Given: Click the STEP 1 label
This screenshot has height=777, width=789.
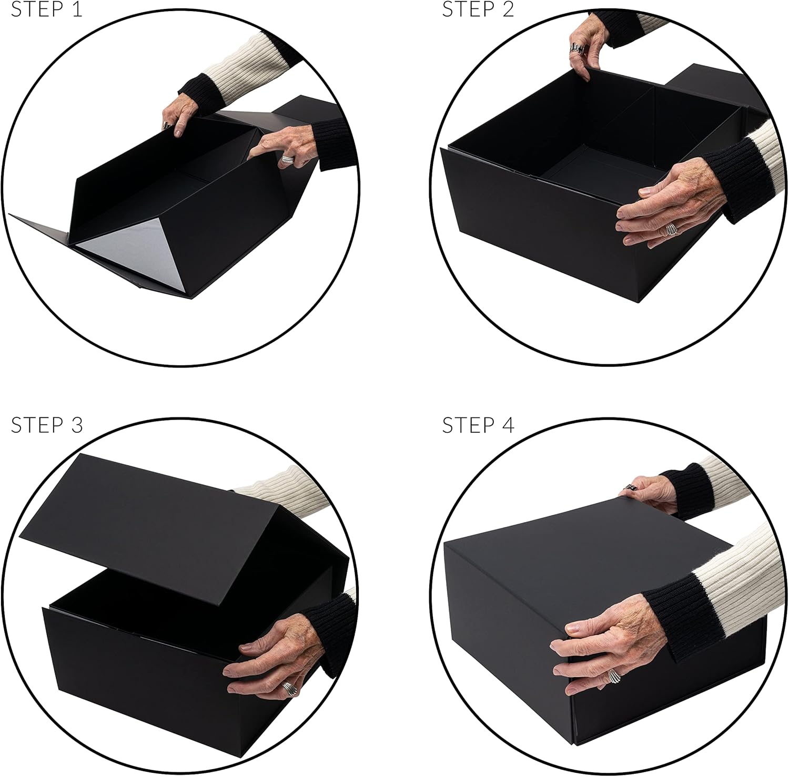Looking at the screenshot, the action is tap(47, 9).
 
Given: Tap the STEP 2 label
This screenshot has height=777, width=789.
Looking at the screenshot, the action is tap(478, 9).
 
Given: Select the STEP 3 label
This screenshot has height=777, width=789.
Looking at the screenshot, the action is tap(47, 425).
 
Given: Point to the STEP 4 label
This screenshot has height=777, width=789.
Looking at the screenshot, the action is tap(478, 425).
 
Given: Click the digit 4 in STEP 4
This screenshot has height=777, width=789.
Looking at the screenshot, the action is tap(508, 425).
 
